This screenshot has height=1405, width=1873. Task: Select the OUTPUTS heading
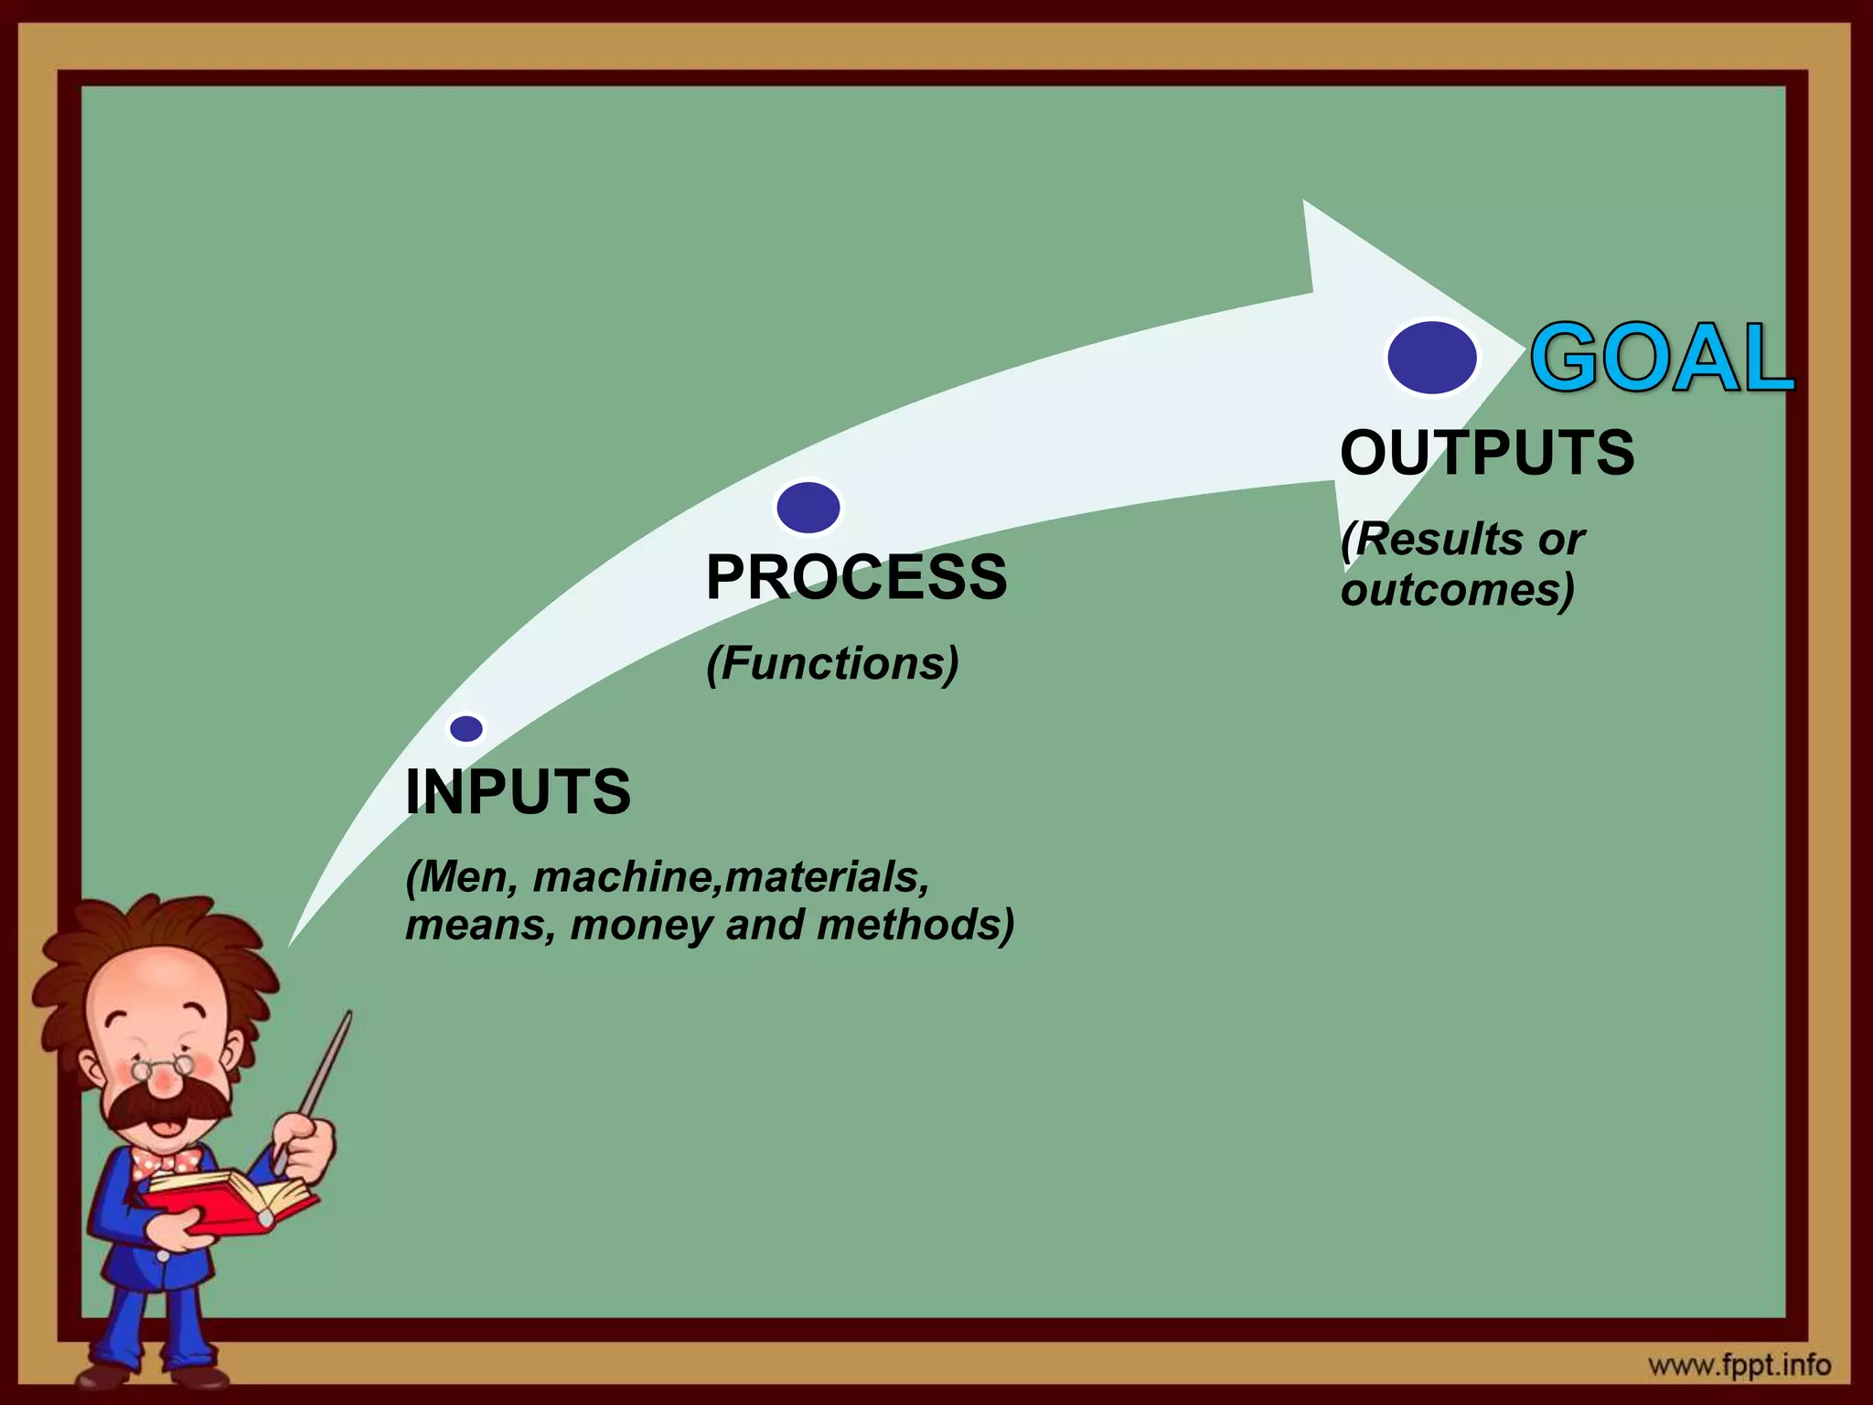[x=1487, y=453]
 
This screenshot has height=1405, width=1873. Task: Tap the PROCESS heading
[x=856, y=577]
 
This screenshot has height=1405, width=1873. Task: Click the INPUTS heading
[x=518, y=792]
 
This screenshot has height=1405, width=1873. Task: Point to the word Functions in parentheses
[x=832, y=663]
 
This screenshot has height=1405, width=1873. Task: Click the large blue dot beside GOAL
[x=1431, y=358]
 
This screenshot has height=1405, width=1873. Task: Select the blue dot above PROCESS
[x=808, y=507]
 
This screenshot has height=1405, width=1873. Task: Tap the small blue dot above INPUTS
[x=466, y=729]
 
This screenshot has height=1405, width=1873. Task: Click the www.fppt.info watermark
[x=1739, y=1366]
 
